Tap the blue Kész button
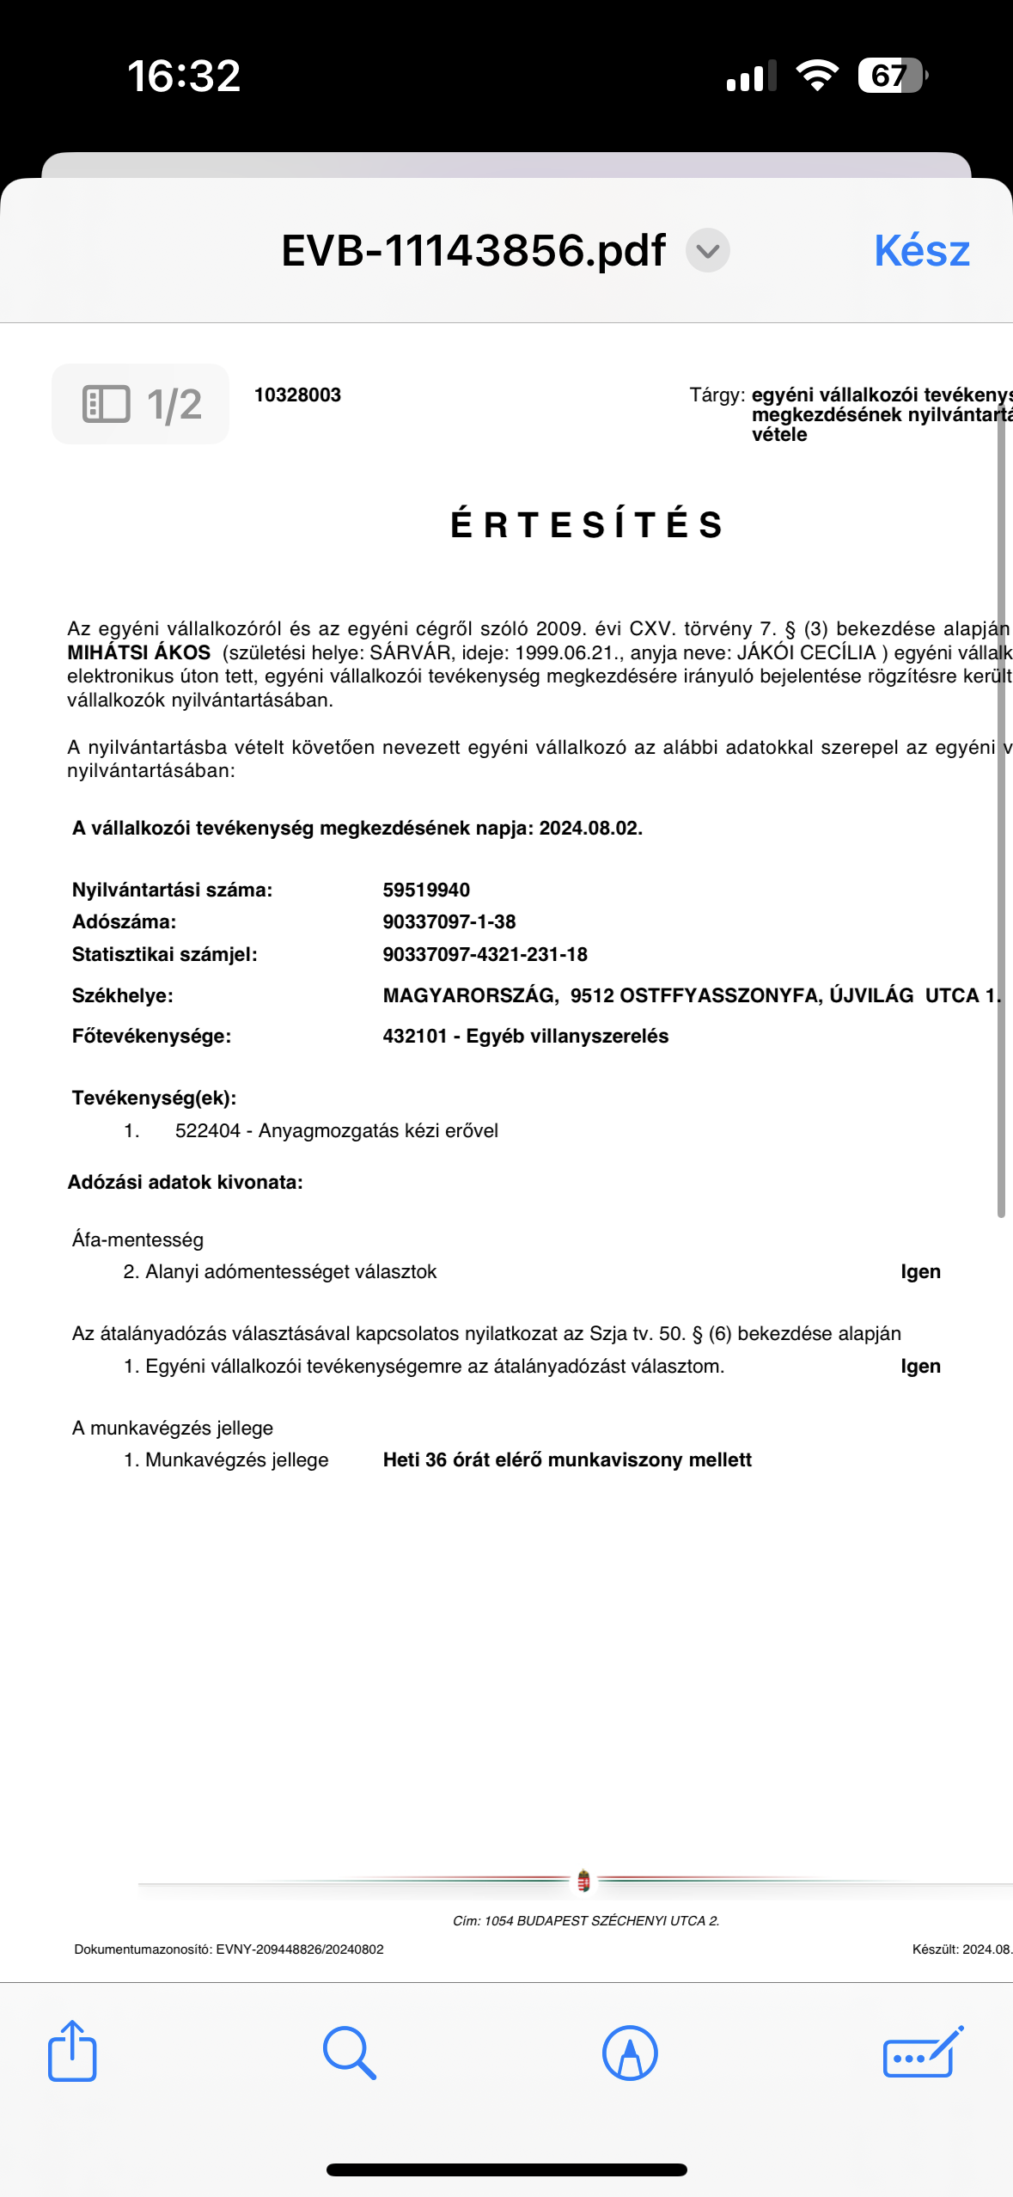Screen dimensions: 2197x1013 921,250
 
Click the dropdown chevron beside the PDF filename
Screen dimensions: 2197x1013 707,251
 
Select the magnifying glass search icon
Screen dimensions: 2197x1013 349,2053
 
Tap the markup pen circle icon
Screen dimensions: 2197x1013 630,2053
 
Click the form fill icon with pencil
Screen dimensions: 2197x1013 923,2053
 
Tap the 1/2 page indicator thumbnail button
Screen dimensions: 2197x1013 141,404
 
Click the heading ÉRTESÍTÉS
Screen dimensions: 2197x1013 588,524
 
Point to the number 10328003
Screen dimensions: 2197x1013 297,395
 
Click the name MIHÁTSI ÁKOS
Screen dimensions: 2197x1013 139,652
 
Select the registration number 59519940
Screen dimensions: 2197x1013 426,890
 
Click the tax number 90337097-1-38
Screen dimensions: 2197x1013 449,921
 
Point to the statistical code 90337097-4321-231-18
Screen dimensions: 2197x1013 485,954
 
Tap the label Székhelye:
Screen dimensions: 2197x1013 123,995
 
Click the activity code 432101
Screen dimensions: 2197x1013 415,1036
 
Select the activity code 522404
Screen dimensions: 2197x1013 208,1130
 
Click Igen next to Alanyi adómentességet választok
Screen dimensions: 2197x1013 920,1271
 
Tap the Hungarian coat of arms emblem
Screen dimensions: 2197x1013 583,1881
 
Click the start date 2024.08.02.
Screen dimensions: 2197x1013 590,828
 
